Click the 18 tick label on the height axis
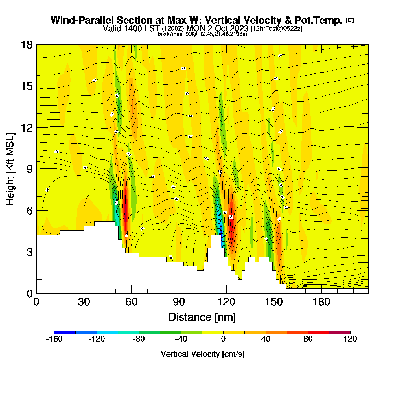(27, 45)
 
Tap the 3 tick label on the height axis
(30, 252)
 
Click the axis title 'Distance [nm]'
(202, 317)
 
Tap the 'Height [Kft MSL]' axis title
(10, 169)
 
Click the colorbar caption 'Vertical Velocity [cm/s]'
(203, 354)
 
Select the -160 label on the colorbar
(54, 339)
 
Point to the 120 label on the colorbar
(350, 339)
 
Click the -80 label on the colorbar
(139, 339)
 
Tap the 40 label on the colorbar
(266, 339)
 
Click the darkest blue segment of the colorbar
(65, 332)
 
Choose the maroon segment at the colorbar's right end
(340, 332)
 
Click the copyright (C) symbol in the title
(350, 20)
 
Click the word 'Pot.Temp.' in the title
(319, 21)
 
